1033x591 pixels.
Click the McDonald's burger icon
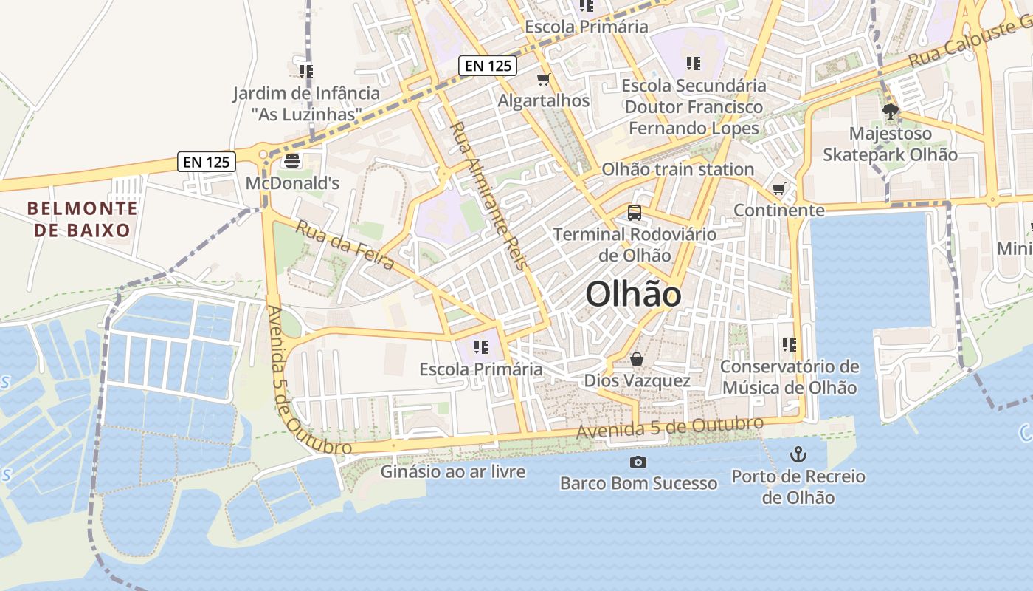(292, 160)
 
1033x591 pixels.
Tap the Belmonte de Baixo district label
(82, 219)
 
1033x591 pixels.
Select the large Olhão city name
(633, 295)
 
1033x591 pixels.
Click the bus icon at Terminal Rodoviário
(634, 213)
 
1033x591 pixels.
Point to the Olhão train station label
(677, 169)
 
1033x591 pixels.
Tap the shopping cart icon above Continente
(778, 189)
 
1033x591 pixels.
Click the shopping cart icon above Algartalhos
(544, 79)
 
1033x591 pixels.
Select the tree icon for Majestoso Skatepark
(890, 112)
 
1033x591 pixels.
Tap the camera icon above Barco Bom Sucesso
(638, 462)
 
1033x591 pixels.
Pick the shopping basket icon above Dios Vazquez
(637, 359)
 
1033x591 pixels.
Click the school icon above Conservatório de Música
(790, 345)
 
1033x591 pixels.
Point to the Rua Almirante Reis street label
(489, 196)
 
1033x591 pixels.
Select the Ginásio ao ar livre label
(453, 471)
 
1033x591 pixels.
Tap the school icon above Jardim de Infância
(305, 72)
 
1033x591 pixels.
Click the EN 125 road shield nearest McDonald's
(206, 162)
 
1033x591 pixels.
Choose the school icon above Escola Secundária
(693, 64)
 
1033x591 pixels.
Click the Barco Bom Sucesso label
(638, 484)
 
